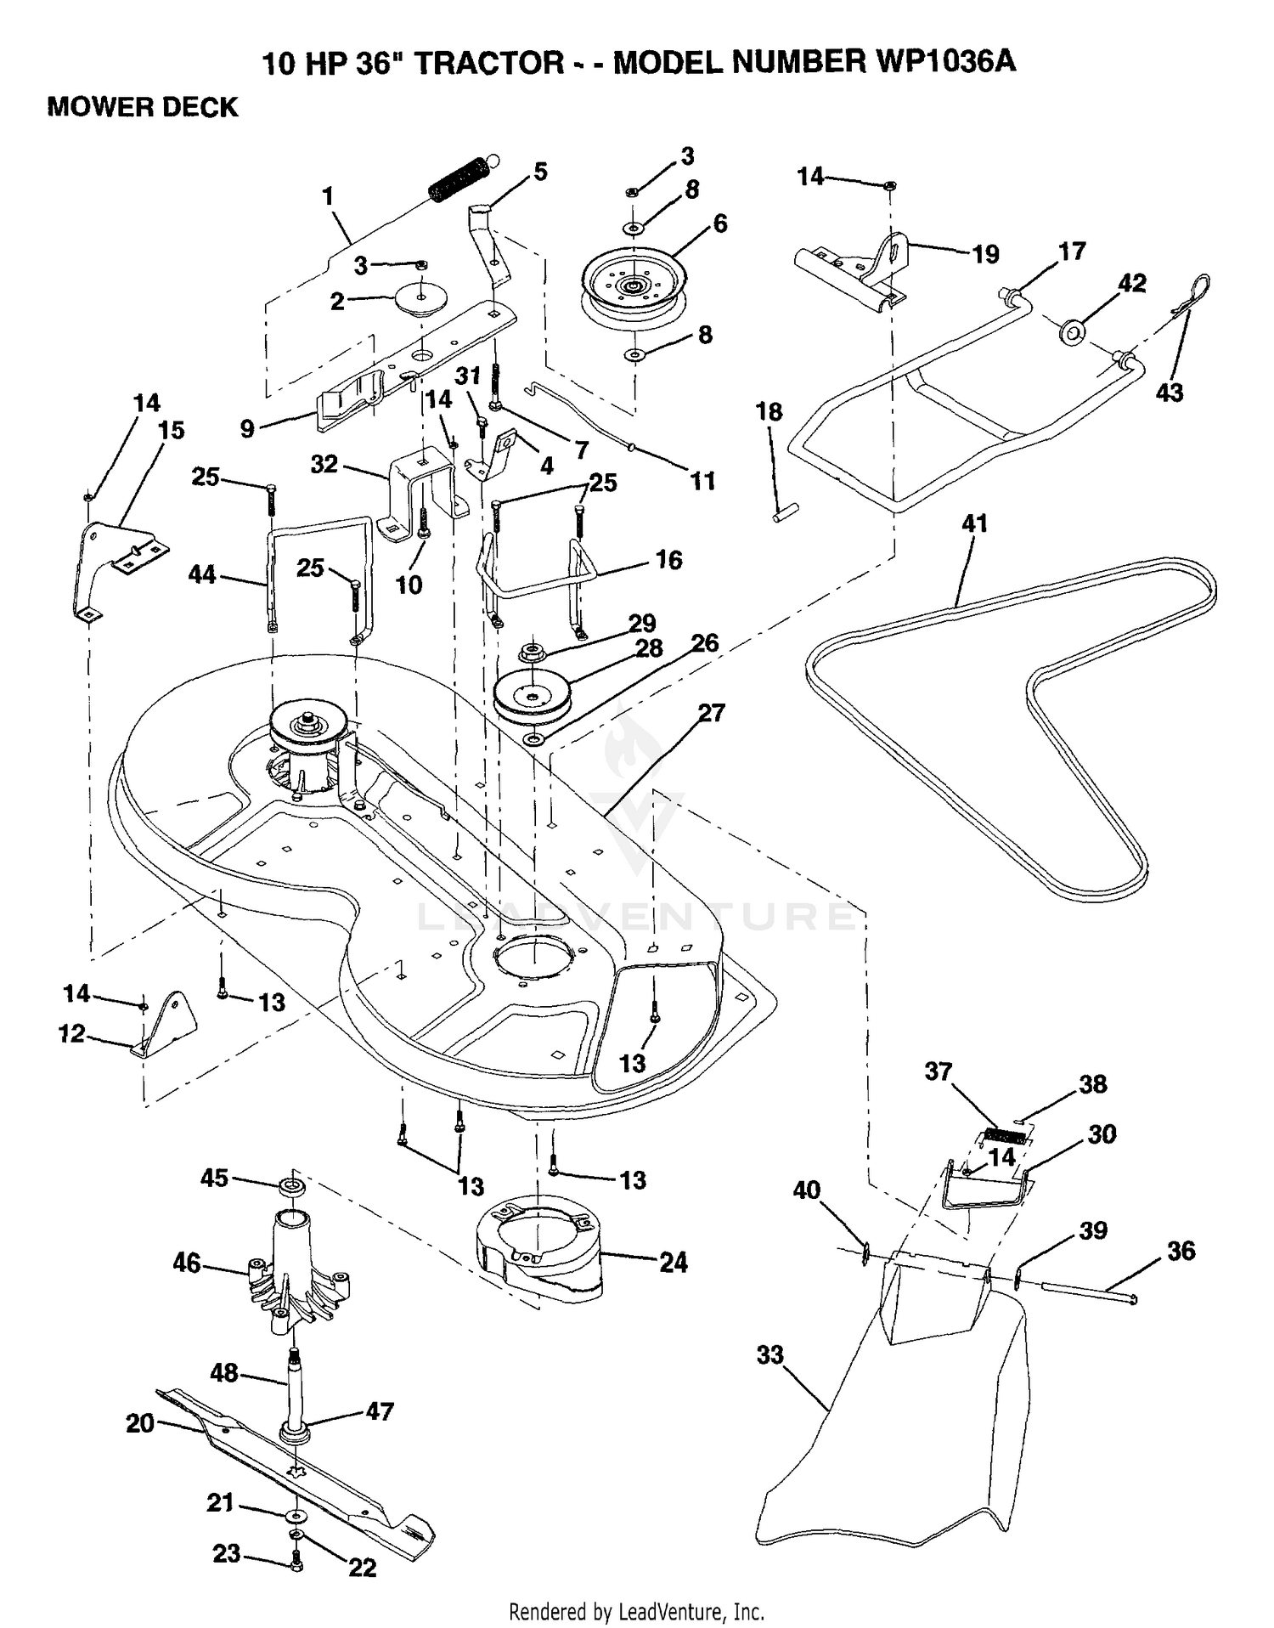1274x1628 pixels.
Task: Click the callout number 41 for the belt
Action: click(x=974, y=523)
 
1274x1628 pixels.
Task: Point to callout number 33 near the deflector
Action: click(x=769, y=1354)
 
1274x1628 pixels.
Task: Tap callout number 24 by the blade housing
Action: click(x=674, y=1263)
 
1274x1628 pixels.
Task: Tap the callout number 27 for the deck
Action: click(x=711, y=713)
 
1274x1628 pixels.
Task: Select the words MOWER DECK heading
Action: click(x=143, y=108)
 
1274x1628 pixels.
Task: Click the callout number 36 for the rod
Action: click(x=1181, y=1251)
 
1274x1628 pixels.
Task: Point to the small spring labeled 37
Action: click(x=1005, y=1133)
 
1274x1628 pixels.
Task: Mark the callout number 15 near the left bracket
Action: click(x=171, y=430)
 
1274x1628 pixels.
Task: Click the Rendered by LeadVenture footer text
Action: click(x=636, y=1611)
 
